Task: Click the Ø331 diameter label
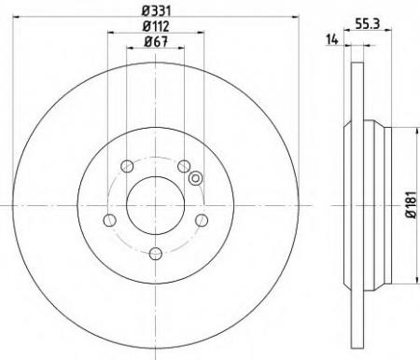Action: pyautogui.click(x=157, y=11)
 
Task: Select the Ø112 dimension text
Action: pyautogui.click(x=156, y=26)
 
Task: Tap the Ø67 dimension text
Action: pyautogui.click(x=156, y=42)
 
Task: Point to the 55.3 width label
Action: pyautogui.click(x=368, y=23)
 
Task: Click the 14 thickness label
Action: pyautogui.click(x=331, y=39)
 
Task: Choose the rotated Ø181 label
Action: pyautogui.click(x=411, y=204)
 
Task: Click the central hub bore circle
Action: pyautogui.click(x=156, y=205)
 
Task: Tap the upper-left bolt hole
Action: pyautogui.click(x=127, y=166)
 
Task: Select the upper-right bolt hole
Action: pyautogui.click(x=184, y=166)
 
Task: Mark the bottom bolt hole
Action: pyautogui.click(x=156, y=254)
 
